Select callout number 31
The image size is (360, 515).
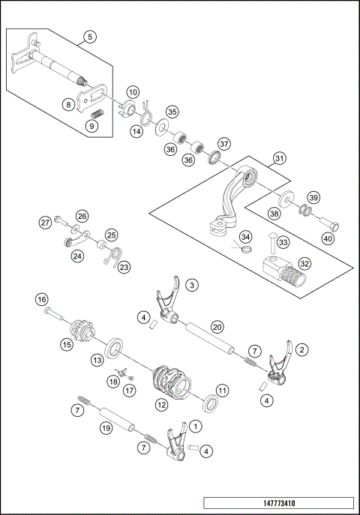click(278, 158)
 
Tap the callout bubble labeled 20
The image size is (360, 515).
click(217, 326)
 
